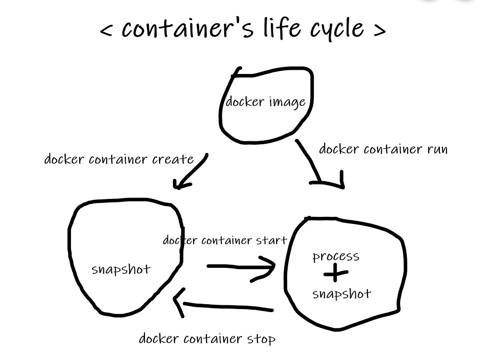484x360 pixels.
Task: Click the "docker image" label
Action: tap(266, 102)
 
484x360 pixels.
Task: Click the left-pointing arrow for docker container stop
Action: tap(224, 305)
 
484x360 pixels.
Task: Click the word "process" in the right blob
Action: tap(336, 257)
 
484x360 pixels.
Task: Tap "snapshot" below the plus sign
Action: tap(341, 294)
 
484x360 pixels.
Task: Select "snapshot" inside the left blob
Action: tap(121, 269)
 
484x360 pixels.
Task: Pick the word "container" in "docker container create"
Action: tap(113, 159)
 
